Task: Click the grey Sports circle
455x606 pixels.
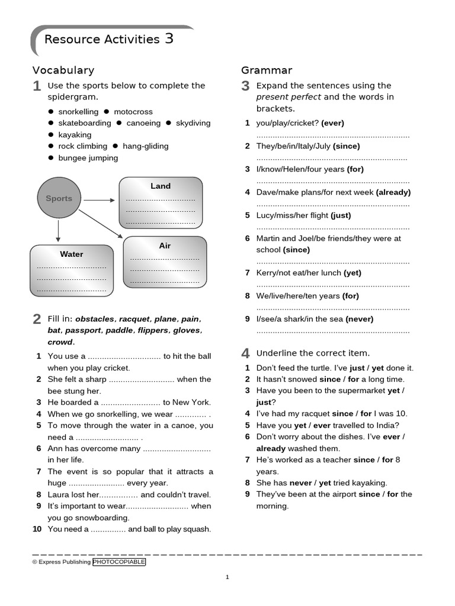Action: point(59,198)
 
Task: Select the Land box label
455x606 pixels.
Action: point(160,186)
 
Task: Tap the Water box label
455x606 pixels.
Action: point(72,254)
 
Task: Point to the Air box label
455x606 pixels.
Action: point(165,246)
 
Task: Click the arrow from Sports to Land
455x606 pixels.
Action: point(99,201)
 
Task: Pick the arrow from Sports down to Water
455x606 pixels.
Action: point(58,231)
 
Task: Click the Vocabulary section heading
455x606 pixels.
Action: point(63,70)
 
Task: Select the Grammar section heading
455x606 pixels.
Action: point(267,70)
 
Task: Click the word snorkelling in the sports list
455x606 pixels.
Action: point(78,112)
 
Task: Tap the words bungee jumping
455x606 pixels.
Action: point(88,158)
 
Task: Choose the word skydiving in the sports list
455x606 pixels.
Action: point(193,123)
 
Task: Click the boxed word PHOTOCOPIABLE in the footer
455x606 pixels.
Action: point(118,562)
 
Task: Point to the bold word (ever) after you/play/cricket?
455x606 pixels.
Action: point(332,123)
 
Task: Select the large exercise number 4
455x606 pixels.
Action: point(245,354)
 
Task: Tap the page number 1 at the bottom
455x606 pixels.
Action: point(227,577)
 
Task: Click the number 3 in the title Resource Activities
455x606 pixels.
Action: point(169,39)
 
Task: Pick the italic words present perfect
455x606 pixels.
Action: point(289,97)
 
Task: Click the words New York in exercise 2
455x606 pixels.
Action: point(191,402)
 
